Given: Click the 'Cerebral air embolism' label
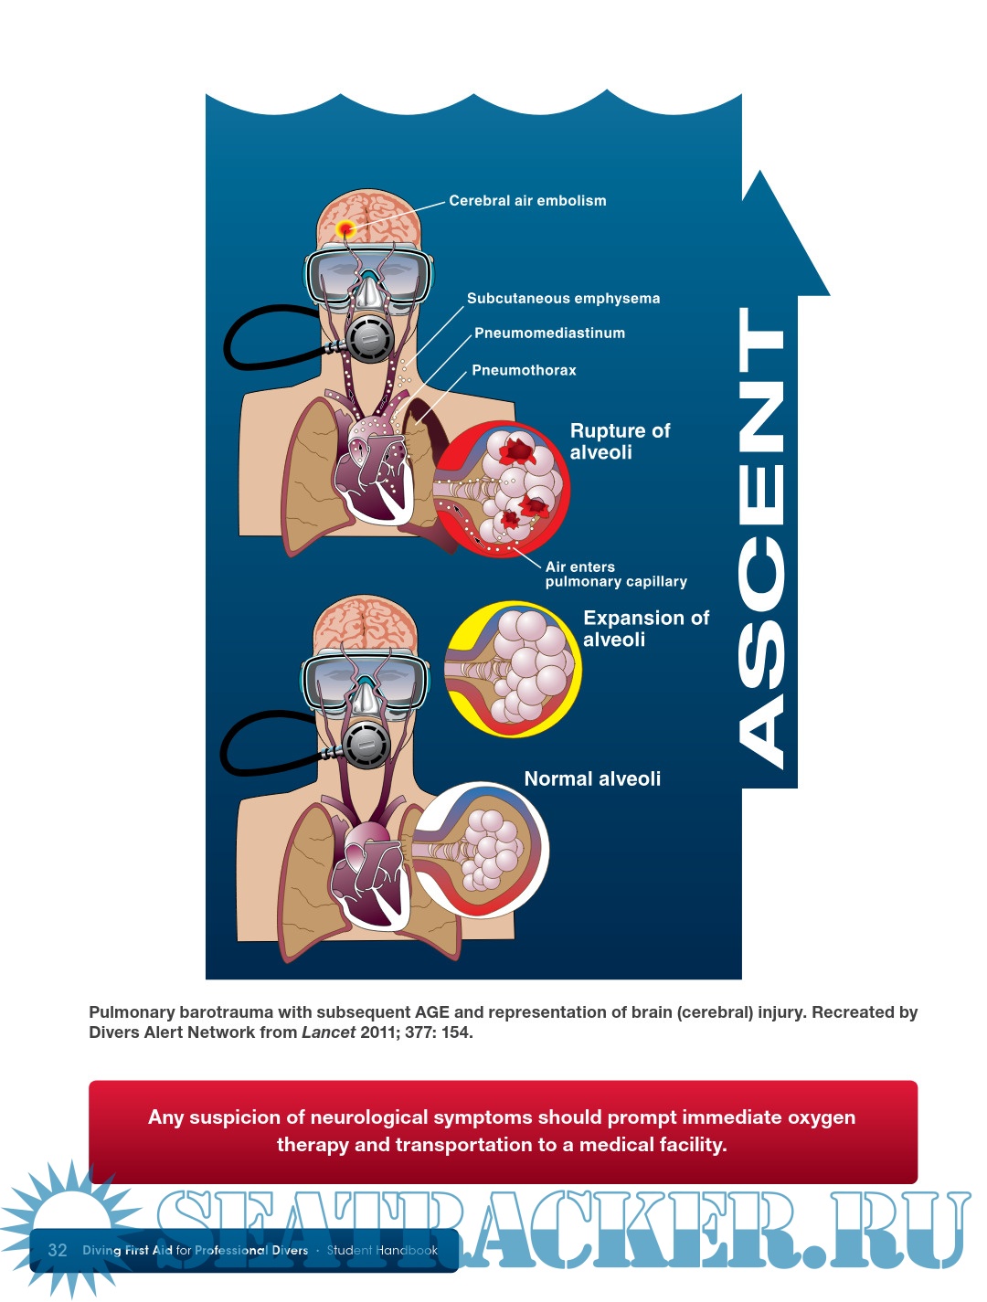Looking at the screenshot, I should click(527, 201).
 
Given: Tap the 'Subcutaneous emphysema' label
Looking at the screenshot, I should click(563, 299).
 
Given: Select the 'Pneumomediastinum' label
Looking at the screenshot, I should click(549, 333).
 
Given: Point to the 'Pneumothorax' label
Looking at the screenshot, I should click(524, 370).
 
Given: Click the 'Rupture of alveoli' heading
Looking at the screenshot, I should click(620, 441).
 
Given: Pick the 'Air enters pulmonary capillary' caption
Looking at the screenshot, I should click(615, 574).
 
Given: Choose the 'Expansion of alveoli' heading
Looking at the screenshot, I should click(645, 629).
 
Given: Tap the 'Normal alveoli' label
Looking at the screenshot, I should click(592, 779).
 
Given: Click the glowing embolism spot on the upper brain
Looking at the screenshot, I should click(346, 228).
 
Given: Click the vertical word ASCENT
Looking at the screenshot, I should click(760, 539).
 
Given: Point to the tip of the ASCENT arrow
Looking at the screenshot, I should click(759, 175).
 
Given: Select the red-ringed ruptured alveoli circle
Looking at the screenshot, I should click(502, 489).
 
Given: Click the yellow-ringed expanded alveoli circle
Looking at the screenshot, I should click(513, 669).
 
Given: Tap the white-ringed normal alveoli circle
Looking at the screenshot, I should click(481, 850).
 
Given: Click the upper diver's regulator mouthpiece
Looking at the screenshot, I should click(368, 340).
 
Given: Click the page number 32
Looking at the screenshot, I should click(58, 1250).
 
